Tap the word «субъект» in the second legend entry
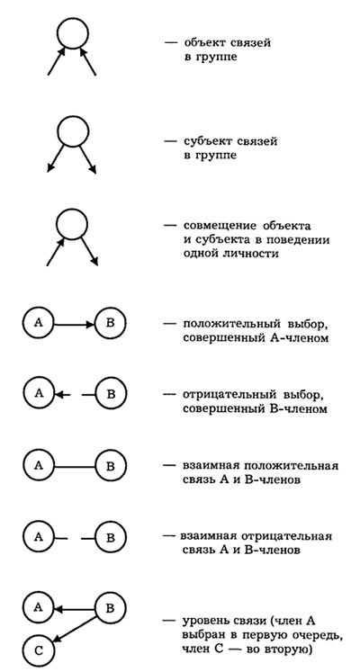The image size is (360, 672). [206, 141]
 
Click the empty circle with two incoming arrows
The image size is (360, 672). [72, 32]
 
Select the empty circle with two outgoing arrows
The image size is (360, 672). [72, 131]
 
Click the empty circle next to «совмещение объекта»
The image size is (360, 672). [72, 224]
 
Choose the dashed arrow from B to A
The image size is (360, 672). [75, 394]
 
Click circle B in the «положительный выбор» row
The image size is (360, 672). [110, 324]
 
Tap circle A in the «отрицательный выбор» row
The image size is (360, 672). [39, 394]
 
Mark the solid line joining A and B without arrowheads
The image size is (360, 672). [75, 466]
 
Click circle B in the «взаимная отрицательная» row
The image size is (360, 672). [110, 537]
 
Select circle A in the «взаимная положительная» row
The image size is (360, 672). [39, 466]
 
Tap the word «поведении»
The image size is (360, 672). [301, 239]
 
